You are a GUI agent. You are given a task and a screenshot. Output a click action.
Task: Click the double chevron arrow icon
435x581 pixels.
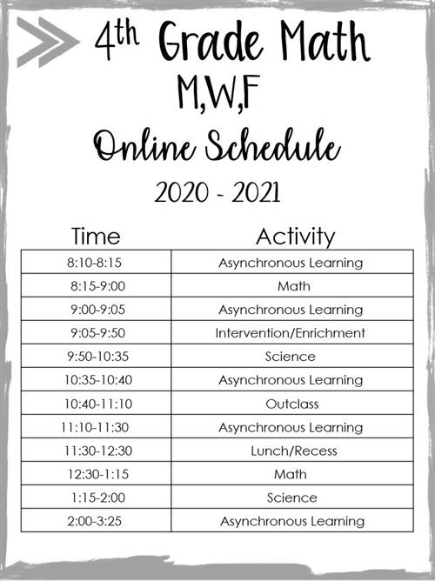click(48, 42)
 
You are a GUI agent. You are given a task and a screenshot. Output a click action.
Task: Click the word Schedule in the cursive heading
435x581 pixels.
click(272, 144)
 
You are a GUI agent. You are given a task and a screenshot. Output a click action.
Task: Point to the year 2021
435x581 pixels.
click(256, 193)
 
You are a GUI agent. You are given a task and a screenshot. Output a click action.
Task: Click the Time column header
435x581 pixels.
click(96, 236)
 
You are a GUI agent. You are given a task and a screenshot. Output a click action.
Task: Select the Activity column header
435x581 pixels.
click(295, 237)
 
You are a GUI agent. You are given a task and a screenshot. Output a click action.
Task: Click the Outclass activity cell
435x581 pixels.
click(292, 404)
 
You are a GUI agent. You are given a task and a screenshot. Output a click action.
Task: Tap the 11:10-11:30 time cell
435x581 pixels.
click(95, 427)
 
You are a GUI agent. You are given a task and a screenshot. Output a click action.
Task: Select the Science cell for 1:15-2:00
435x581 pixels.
click(292, 498)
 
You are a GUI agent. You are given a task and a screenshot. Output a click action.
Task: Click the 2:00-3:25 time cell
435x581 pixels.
click(95, 521)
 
